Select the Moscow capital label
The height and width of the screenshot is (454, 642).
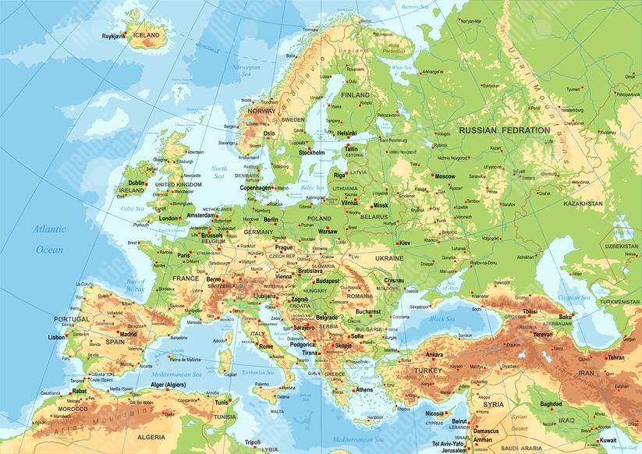click(445, 176)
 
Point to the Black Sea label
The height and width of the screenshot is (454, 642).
click(442, 319)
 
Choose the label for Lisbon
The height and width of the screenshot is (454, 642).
click(56, 337)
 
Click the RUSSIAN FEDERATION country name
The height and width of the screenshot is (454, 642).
click(505, 130)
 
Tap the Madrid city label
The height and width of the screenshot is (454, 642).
click(128, 334)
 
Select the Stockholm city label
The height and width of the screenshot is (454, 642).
click(312, 153)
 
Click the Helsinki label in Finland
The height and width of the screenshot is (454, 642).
click(352, 133)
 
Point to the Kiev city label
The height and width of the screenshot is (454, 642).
click(404, 243)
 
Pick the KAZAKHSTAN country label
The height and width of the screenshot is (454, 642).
click(583, 204)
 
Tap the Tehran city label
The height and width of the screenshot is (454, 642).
click(615, 357)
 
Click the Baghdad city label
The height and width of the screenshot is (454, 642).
click(550, 404)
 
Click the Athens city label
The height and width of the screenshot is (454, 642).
click(364, 389)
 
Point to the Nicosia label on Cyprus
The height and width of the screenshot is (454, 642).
click(435, 413)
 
